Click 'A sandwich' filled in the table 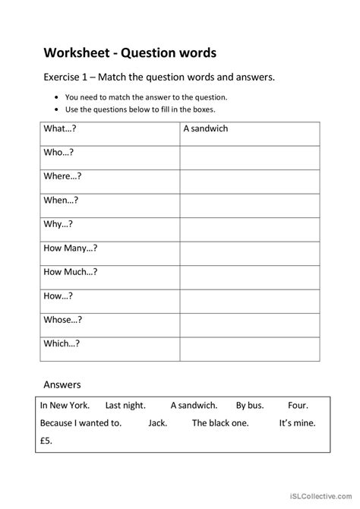(205, 128)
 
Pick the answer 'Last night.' (125, 406)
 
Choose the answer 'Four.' (298, 406)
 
